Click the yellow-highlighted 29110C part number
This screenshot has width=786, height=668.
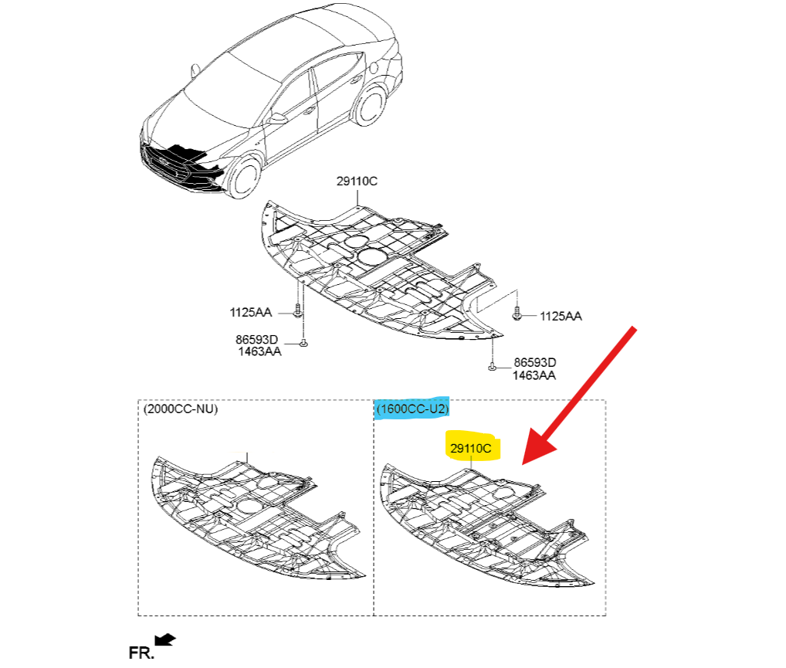point(470,447)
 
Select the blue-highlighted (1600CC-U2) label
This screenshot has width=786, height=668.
point(412,409)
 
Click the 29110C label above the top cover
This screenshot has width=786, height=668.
point(357,181)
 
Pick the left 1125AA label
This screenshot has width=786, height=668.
point(250,312)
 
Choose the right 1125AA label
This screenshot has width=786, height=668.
point(561,316)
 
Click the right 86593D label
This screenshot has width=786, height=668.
point(535,362)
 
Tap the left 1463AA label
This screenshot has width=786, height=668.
point(259,351)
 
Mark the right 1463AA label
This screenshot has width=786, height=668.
point(534,375)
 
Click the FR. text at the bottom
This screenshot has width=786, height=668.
point(141,653)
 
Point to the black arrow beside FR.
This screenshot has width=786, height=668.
point(166,639)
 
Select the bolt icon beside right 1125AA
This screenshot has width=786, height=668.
point(519,314)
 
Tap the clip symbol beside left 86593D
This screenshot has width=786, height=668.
point(303,343)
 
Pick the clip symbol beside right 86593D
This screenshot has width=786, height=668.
point(491,368)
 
